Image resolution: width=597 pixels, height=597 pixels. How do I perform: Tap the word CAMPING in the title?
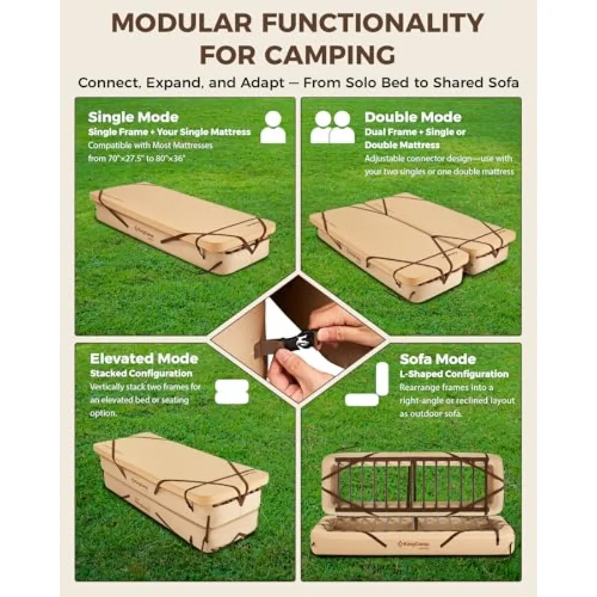[x=330, y=55]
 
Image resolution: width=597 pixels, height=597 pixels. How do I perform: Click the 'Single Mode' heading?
[x=133, y=117]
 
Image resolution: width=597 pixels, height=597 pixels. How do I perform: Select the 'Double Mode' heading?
[x=413, y=117]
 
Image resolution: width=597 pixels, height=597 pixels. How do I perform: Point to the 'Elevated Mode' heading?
[x=144, y=359]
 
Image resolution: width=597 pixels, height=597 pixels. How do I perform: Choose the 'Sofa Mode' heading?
[x=438, y=359]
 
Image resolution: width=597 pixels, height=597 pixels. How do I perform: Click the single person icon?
[x=273, y=127]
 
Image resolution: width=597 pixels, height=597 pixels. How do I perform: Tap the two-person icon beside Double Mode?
[x=332, y=127]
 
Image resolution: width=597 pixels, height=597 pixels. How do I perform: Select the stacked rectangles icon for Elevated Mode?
[x=232, y=392]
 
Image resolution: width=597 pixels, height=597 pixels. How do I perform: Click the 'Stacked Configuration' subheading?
[x=141, y=373]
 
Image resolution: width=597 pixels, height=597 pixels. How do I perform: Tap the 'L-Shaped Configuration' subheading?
[x=454, y=374]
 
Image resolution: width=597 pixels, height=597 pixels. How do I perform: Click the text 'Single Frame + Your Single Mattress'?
[x=169, y=132]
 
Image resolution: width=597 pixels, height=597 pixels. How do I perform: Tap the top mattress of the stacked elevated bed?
[x=181, y=465]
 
